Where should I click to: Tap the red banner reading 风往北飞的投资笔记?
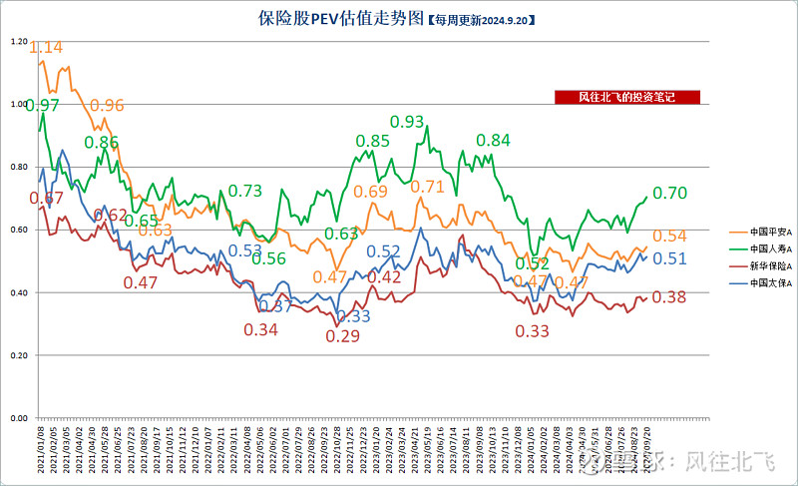pos(627,97)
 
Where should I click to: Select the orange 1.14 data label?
pos(47,47)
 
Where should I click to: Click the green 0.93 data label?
pos(407,122)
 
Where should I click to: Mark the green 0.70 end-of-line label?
pos(669,193)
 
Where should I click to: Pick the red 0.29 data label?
pos(343,337)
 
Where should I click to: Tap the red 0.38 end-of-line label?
pos(668,297)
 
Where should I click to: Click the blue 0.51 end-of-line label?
pos(669,259)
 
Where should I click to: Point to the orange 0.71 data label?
pos(428,187)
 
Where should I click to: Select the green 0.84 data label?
pos(493,141)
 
